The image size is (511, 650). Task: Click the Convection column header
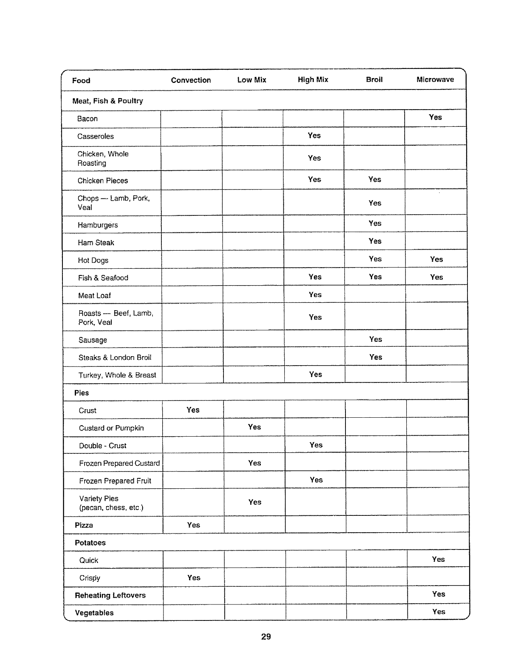coord(191,80)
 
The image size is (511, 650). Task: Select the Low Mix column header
coord(251,80)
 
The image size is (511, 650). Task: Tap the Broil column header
coord(374,79)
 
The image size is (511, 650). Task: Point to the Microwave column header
coord(435,79)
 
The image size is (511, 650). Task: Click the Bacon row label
coord(87,119)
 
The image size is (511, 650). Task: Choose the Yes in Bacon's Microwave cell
coord(435,117)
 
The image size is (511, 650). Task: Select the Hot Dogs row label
coord(93,260)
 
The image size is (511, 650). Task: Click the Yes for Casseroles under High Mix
coord(314,135)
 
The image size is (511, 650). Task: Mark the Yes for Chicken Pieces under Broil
coord(375,179)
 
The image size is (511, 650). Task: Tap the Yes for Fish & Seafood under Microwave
coord(436,277)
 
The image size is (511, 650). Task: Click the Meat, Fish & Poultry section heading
coord(108,101)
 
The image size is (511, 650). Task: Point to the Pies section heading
coord(81,393)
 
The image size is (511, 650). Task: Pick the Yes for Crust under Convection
coord(193,410)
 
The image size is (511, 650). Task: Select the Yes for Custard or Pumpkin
coord(254,427)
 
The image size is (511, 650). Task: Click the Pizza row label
coord(84,525)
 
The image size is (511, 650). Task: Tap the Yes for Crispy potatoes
coord(193,578)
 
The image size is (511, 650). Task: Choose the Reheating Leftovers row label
coord(110,595)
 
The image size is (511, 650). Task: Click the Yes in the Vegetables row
coord(438,612)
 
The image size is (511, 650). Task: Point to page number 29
coord(266,636)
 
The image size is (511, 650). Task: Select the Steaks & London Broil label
coord(115,357)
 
